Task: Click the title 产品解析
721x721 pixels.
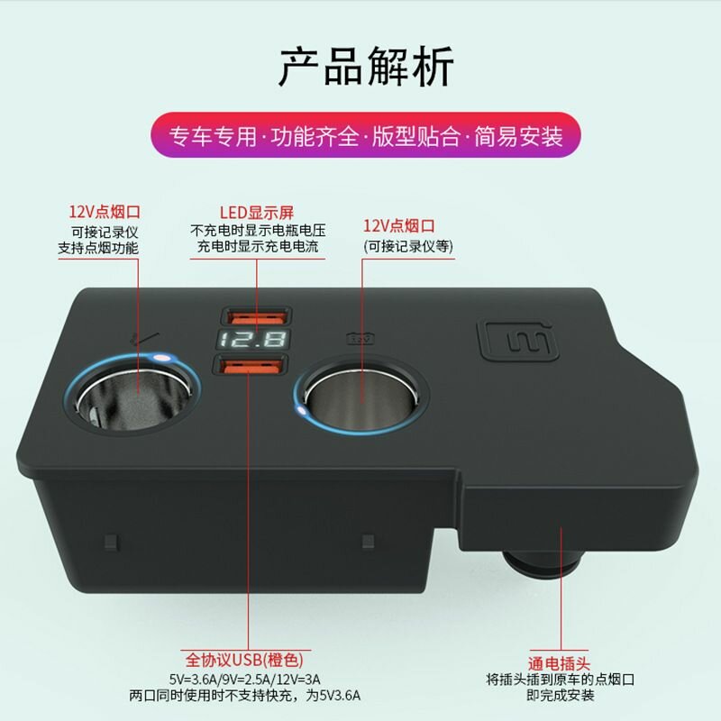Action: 366,67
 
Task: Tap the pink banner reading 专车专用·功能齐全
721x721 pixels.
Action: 366,135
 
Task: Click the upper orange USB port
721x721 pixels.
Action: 256,317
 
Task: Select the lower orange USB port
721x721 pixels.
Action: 251,366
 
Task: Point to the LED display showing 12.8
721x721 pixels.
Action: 253,341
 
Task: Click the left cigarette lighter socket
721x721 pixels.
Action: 132,394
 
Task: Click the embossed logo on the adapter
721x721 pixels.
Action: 518,341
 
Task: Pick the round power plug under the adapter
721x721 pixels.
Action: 539,566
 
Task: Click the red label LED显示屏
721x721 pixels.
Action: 257,213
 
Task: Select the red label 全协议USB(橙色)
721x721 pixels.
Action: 244,660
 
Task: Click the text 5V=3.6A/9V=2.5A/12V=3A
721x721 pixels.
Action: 244,680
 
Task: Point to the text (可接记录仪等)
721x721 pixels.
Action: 408,246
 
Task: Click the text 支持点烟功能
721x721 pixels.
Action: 98,249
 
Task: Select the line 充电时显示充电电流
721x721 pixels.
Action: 258,246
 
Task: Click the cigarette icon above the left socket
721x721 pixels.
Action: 144,339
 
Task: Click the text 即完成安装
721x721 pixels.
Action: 560,695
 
